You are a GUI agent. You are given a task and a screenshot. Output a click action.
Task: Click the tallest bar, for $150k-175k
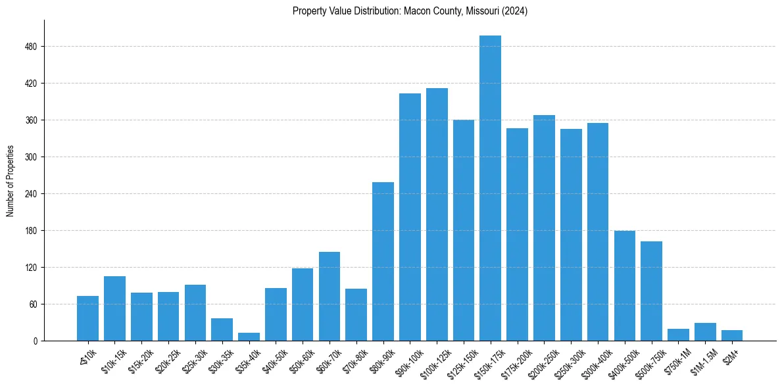(490, 188)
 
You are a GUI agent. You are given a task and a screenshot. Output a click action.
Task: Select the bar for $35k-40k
(249, 337)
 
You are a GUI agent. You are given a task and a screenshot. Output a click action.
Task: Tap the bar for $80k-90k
(383, 261)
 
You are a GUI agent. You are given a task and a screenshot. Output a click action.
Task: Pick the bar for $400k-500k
(624, 285)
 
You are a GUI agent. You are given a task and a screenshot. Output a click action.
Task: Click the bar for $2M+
(731, 335)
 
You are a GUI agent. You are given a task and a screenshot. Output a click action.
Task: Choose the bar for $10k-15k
(114, 308)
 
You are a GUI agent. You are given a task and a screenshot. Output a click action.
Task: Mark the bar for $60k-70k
(330, 296)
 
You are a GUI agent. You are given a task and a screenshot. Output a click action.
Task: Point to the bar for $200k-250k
(544, 228)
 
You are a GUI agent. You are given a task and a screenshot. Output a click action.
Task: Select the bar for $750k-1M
(678, 335)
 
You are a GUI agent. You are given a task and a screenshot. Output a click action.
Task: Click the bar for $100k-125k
(437, 214)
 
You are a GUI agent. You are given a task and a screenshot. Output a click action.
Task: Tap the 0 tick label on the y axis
(36, 341)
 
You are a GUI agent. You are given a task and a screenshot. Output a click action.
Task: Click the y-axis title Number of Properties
(11, 181)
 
